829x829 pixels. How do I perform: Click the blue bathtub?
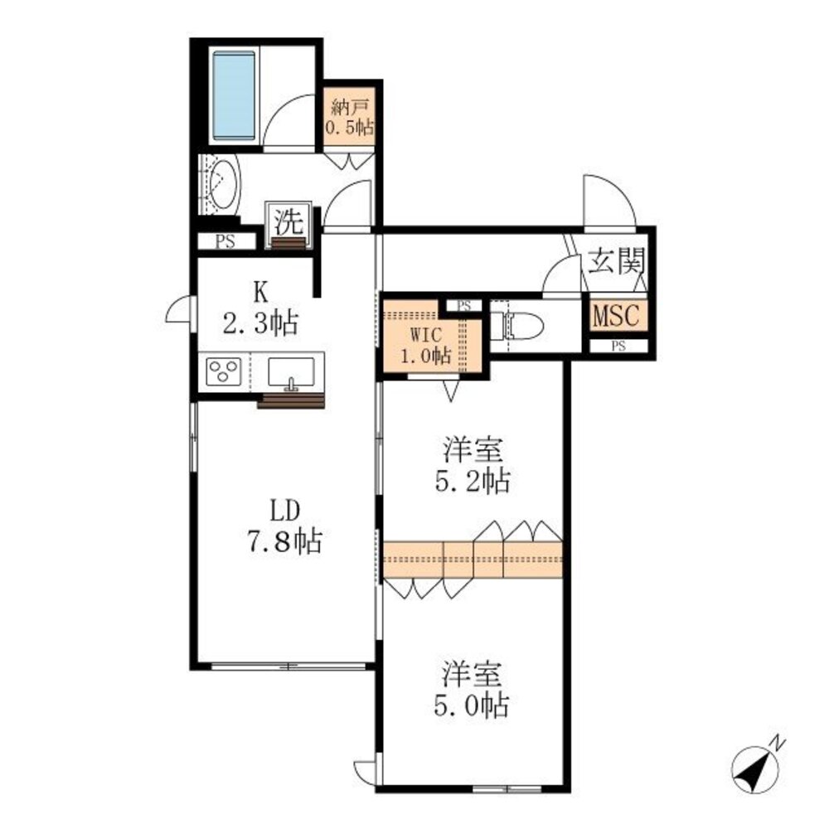click(x=234, y=97)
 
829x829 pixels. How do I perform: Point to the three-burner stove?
click(x=224, y=371)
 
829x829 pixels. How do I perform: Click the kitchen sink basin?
click(x=291, y=372)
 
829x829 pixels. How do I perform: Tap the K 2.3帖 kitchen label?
click(x=260, y=308)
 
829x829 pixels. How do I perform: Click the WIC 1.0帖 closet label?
click(x=425, y=345)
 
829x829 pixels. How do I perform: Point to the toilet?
click(x=517, y=326)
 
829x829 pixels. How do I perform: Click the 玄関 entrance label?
click(x=617, y=260)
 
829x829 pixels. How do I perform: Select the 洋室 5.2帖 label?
click(x=473, y=465)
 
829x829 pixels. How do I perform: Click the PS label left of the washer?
click(x=225, y=242)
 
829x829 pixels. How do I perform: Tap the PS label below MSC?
click(x=618, y=347)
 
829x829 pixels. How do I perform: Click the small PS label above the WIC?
click(x=463, y=306)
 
